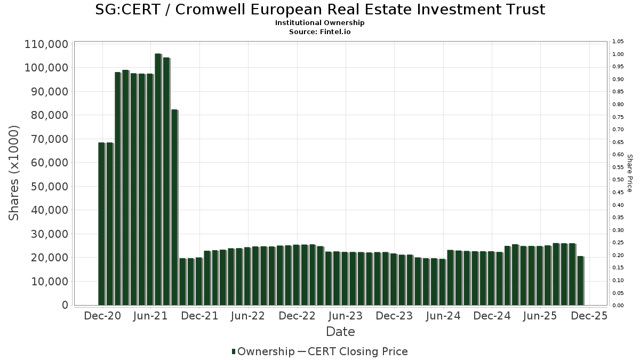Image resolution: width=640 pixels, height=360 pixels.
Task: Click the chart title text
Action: (320, 10)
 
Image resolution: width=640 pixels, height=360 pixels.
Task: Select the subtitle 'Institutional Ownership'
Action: (320, 23)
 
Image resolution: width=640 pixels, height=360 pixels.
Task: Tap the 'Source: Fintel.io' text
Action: (320, 31)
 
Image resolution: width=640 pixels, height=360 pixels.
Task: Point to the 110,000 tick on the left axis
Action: (46, 44)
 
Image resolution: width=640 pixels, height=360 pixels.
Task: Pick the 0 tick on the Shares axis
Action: (65, 305)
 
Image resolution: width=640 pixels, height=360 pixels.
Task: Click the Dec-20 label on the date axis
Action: (102, 316)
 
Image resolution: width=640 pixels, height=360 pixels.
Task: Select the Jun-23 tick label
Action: (345, 316)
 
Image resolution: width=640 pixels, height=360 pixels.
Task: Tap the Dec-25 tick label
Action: (589, 316)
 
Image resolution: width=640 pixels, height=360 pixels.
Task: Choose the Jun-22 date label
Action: (248, 316)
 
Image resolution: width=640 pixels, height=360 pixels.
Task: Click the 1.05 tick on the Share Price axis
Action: (618, 42)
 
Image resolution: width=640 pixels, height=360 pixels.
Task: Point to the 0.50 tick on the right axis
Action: (618, 180)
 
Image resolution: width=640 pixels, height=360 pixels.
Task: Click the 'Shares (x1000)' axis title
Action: (14, 173)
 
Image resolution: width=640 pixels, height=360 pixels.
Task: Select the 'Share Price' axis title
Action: (629, 173)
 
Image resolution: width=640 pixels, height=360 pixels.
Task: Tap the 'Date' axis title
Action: (340, 332)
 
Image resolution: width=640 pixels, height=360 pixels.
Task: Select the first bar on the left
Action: (101, 224)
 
